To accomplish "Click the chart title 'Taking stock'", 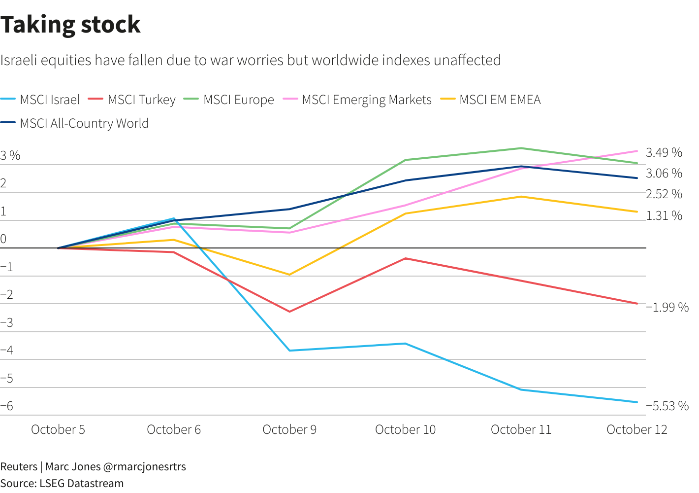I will [70, 25].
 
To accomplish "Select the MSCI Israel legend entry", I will [49, 100].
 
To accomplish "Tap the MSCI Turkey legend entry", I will [141, 100].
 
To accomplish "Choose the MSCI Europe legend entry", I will [238, 100].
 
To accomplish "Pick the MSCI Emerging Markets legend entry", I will [366, 100].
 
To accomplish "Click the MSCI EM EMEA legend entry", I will [500, 100].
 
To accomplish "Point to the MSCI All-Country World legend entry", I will [84, 123].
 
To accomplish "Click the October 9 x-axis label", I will [289, 429].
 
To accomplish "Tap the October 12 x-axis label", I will [636, 429].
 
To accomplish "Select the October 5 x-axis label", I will [58, 429].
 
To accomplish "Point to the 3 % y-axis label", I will [10, 156].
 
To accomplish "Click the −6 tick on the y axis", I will [7, 406].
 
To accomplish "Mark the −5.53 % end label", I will [667, 406].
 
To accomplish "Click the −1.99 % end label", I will [667, 307].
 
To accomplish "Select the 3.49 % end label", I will [664, 153].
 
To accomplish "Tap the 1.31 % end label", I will [664, 215].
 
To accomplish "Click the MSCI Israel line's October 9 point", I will [289, 351].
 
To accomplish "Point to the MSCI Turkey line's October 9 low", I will [289, 312].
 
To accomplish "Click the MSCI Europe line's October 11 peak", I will [521, 148].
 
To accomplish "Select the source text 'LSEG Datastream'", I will [81, 483].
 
